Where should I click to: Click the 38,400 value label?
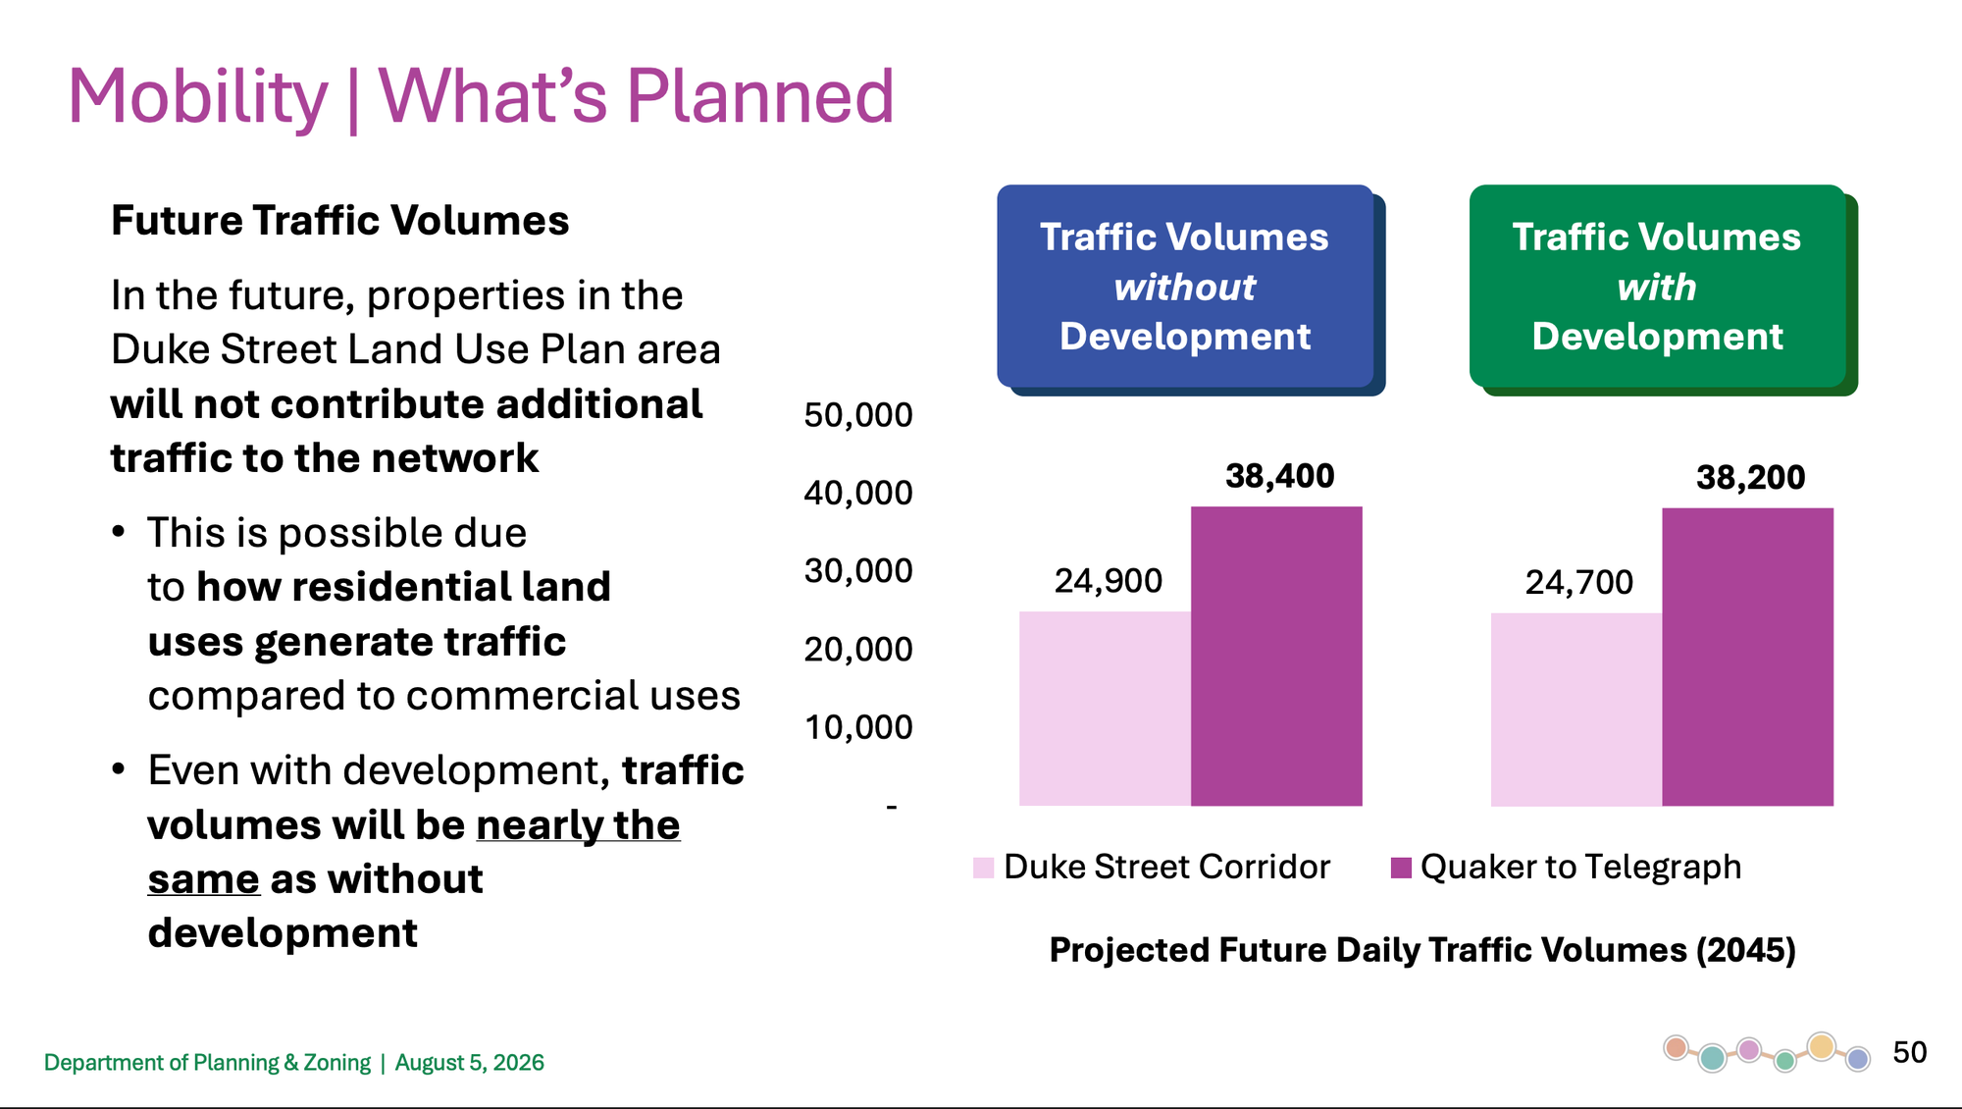tap(1279, 476)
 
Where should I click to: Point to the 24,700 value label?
tap(1578, 582)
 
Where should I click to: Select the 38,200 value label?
tap(1750, 477)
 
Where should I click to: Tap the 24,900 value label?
tap(1108, 581)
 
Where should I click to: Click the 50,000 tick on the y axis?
tap(858, 415)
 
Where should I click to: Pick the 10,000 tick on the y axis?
tap(858, 727)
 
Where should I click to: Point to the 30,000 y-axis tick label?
tap(858, 570)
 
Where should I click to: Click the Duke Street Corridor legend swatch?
tap(983, 868)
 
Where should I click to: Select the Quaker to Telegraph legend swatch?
tap(1401, 868)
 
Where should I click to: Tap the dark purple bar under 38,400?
tap(1276, 656)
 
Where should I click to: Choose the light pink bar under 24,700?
tap(1576, 710)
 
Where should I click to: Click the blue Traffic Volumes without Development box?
tap(1185, 286)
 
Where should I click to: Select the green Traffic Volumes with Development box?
tap(1657, 286)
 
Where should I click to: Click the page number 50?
tap(1909, 1052)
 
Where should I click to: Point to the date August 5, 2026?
tap(469, 1063)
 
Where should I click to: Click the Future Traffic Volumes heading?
tap(339, 220)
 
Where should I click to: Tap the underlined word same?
tap(204, 879)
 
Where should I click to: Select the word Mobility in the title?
tap(197, 96)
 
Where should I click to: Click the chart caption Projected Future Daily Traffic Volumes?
tap(1422, 950)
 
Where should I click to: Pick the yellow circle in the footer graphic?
tap(1822, 1046)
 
